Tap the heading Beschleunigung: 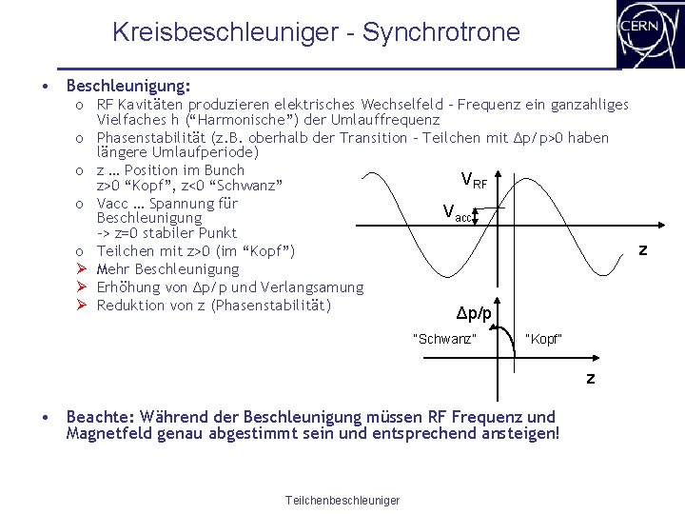coord(128,86)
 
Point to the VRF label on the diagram coord(474,178)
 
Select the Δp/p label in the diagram coord(474,313)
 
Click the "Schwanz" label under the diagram coord(444,339)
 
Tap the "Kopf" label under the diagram coord(543,339)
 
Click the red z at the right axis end coord(643,249)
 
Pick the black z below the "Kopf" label coord(590,378)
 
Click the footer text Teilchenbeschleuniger coord(342,501)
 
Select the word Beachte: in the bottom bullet coord(101,417)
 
